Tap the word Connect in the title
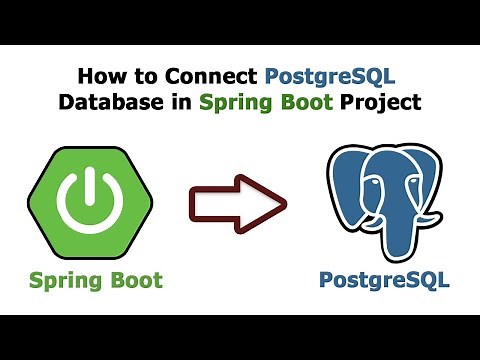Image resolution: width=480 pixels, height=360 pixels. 211,77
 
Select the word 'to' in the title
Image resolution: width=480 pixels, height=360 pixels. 144,77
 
